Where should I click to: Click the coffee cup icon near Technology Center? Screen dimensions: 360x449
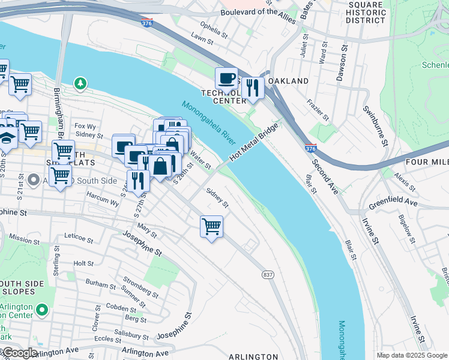(x=227, y=79)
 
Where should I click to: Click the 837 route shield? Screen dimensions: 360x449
(x=268, y=274)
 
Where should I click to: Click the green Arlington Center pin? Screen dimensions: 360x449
(x=41, y=310)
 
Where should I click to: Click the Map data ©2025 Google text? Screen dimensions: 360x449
(x=412, y=355)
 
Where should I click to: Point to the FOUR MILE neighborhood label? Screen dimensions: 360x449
(x=427, y=163)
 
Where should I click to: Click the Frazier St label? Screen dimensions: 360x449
(x=318, y=110)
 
